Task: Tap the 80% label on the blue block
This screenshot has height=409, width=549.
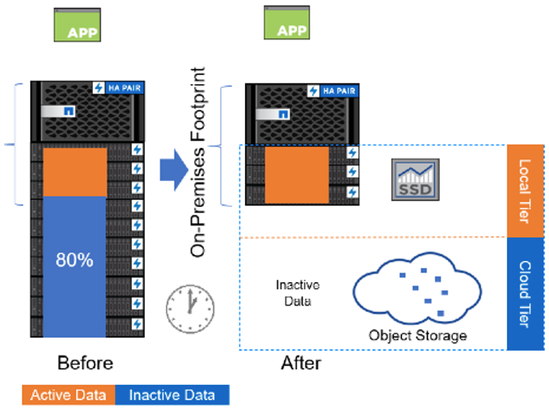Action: pyautogui.click(x=74, y=261)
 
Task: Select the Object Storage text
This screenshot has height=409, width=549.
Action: pyautogui.click(x=418, y=335)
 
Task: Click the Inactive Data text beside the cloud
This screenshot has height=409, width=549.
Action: pyautogui.click(x=298, y=292)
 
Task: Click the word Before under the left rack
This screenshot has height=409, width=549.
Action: pyautogui.click(x=85, y=362)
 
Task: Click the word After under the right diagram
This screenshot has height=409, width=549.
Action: pyautogui.click(x=301, y=363)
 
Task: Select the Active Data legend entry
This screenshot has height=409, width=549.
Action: pyautogui.click(x=69, y=395)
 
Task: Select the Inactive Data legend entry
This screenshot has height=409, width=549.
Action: pyautogui.click(x=172, y=395)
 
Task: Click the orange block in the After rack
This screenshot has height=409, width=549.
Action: pyautogui.click(x=297, y=174)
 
